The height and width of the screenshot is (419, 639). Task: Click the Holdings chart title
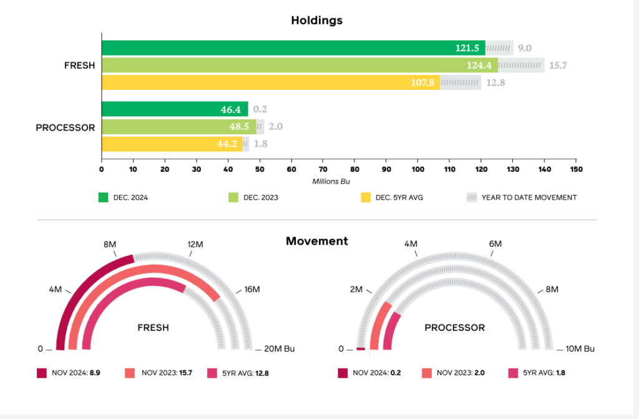coord(316,20)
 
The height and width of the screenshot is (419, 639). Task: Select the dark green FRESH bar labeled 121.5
coord(293,48)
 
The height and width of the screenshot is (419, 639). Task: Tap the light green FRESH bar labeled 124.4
coord(300,65)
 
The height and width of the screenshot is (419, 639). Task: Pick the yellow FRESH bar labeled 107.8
coord(271,82)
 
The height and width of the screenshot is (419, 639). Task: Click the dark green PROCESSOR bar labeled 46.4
coord(175,109)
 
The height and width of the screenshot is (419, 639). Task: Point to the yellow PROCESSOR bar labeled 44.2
coord(172,144)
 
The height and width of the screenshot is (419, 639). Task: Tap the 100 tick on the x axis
coord(418,169)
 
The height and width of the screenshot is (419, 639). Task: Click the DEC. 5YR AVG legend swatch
coord(366,197)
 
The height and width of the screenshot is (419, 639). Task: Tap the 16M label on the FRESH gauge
coord(252,290)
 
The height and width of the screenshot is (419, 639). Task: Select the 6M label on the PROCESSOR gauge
coord(495,244)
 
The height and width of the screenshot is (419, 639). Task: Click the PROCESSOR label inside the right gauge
coord(454,327)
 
